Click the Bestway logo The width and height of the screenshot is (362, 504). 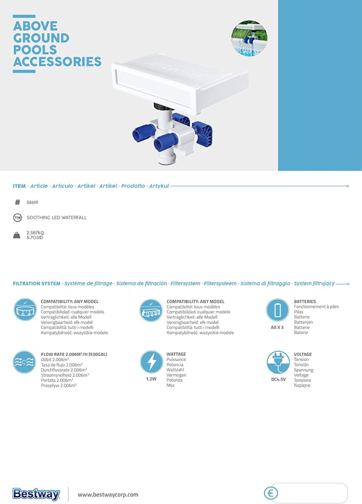point(36,494)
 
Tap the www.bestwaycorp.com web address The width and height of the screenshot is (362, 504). point(108,495)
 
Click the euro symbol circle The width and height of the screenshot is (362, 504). point(271,493)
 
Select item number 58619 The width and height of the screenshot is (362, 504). point(32,202)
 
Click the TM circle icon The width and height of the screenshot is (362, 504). point(18,218)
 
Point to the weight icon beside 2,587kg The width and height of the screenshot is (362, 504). point(17,235)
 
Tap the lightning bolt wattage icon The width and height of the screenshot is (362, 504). point(151,362)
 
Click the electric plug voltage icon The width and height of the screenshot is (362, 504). point(278,362)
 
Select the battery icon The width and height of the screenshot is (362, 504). point(278,310)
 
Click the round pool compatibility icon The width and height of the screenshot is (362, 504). point(25,310)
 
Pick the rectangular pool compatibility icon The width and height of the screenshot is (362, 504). point(151,310)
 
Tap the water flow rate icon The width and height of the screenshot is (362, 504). point(24,362)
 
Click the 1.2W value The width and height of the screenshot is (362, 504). point(151,379)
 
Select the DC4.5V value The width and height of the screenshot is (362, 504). point(279,379)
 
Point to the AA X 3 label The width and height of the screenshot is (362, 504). point(277,327)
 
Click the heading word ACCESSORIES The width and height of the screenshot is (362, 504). point(57,62)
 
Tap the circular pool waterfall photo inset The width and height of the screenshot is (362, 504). point(250,38)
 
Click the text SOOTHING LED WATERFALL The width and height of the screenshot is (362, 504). point(57,218)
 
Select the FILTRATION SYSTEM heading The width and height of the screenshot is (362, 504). point(36,283)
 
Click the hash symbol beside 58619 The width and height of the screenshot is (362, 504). point(17,202)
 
